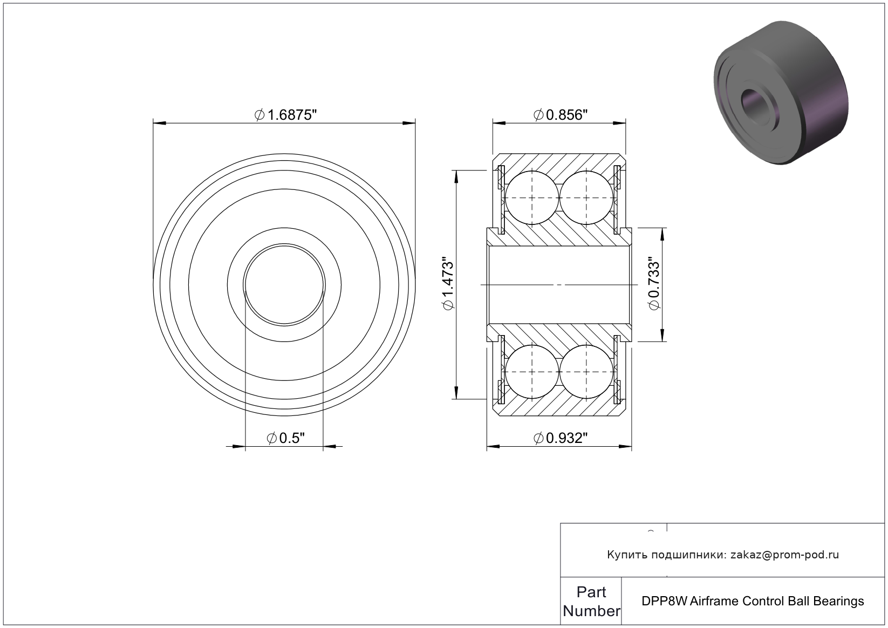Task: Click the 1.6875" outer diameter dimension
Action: click(285, 115)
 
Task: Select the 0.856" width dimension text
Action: click(560, 115)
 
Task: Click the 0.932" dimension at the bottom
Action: click(560, 438)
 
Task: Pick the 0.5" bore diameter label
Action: click(285, 438)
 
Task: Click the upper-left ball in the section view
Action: click(532, 197)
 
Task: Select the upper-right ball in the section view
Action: click(587, 197)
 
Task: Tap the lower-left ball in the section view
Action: click(532, 372)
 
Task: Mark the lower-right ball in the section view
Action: click(587, 372)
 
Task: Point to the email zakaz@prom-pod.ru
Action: click(784, 555)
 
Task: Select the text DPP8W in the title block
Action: click(664, 601)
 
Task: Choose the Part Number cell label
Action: click(591, 602)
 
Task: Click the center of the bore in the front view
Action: click(284, 285)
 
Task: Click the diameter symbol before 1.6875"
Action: click(259, 115)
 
